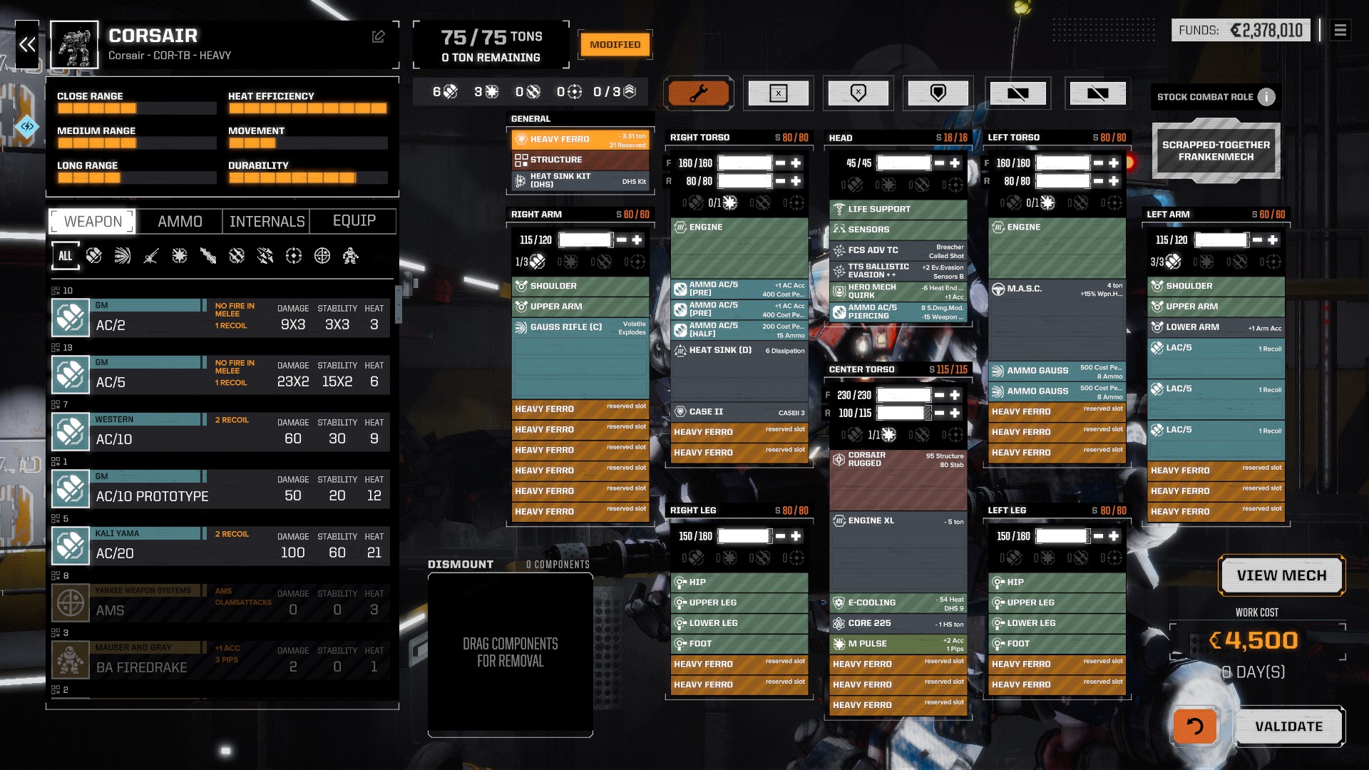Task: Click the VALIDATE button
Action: (x=1288, y=727)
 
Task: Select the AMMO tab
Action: (x=180, y=222)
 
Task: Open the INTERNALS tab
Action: (x=267, y=222)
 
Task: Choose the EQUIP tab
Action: (x=354, y=221)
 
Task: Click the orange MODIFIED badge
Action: (x=615, y=45)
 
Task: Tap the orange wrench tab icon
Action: (x=698, y=93)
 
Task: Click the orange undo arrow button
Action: (x=1194, y=727)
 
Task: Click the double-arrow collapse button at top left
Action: (x=27, y=45)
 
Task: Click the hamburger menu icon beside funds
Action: (x=1340, y=30)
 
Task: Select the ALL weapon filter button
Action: (x=66, y=256)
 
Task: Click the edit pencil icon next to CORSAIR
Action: (x=378, y=36)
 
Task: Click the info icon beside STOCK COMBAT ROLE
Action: (x=1266, y=97)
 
